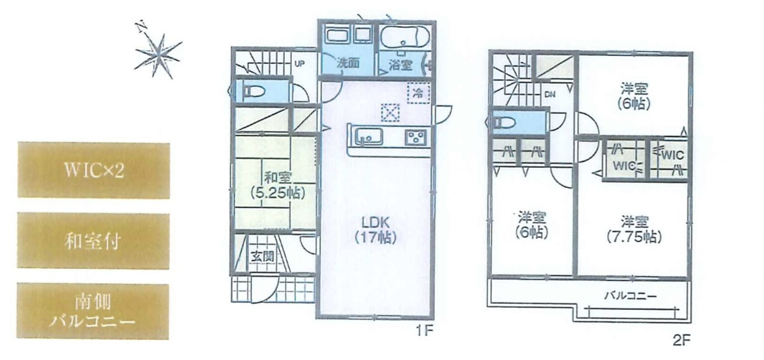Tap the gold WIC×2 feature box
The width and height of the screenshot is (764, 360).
pyautogui.click(x=94, y=171)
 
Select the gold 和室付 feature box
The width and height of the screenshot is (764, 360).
pyautogui.click(x=94, y=241)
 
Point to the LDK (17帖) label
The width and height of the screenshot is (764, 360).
pyautogui.click(x=375, y=229)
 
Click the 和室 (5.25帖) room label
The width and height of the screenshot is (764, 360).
pyautogui.click(x=276, y=185)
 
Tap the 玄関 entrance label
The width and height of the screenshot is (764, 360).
pyautogui.click(x=260, y=256)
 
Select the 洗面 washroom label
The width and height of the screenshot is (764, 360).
pyautogui.click(x=349, y=63)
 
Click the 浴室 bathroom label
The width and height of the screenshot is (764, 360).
pyautogui.click(x=400, y=64)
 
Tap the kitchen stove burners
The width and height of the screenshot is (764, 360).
pyautogui.click(x=417, y=136)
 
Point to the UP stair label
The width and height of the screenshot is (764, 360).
pyautogui.click(x=301, y=63)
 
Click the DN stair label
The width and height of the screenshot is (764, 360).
pyautogui.click(x=550, y=95)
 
